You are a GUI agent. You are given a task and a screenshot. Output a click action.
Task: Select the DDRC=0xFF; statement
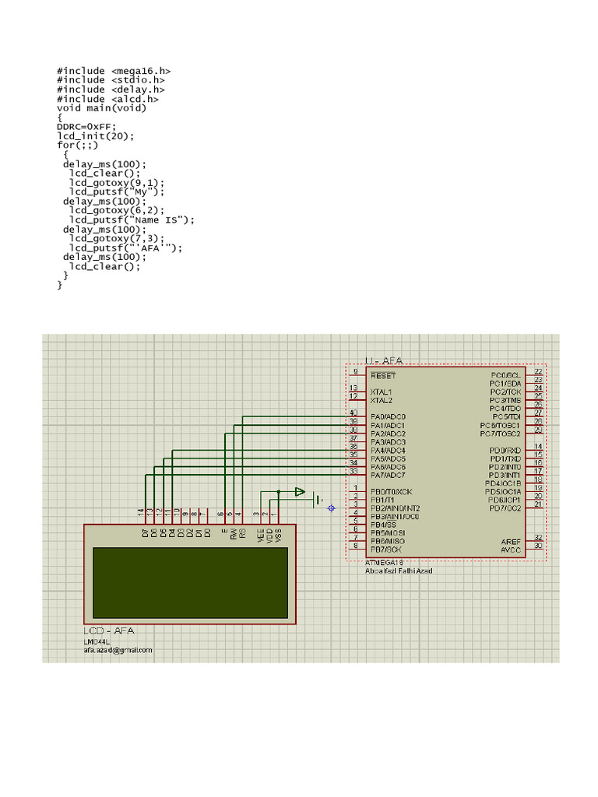86,127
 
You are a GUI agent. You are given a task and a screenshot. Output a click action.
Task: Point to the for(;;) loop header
78,146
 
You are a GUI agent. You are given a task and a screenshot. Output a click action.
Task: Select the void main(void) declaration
101,108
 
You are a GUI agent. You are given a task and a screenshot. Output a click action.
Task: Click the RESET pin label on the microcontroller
383,375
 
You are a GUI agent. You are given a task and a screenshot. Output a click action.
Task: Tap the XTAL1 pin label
382,391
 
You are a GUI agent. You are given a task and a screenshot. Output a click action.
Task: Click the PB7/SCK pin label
386,549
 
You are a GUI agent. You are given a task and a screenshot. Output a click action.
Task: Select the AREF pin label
511,541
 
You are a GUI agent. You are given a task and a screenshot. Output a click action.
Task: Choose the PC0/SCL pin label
505,375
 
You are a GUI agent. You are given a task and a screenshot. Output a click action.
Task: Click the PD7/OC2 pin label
505,508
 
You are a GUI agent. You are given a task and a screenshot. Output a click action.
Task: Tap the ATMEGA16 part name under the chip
385,562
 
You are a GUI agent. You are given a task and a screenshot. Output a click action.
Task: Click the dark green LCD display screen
190,582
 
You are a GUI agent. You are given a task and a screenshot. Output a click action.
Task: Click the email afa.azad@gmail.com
118,650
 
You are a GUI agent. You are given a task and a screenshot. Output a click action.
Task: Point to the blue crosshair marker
332,508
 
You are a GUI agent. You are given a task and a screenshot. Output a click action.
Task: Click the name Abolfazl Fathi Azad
399,571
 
